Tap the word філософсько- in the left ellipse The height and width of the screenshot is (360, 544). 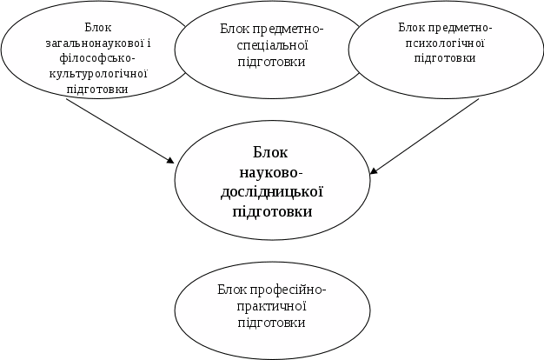[x=97, y=57]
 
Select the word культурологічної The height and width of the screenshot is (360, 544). [x=97, y=73]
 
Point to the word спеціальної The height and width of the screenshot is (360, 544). [x=271, y=46]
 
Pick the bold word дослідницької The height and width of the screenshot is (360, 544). [x=271, y=192]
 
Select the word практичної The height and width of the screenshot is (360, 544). [x=271, y=306]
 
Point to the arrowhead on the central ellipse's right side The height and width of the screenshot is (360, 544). [x=375, y=170]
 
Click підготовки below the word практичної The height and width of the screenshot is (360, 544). [x=271, y=323]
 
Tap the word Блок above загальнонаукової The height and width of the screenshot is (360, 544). [x=97, y=27]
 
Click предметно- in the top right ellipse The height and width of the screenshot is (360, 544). [x=461, y=27]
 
